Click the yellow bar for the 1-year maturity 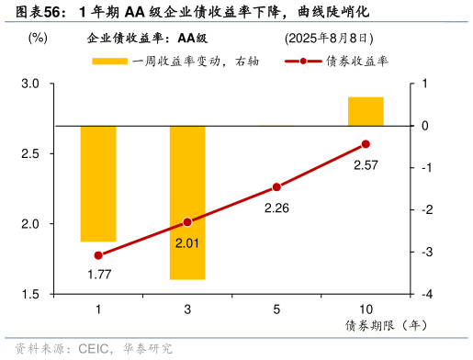pos(98,183)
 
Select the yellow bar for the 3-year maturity pos(186,202)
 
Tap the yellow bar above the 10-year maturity pos(366,111)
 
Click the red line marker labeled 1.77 pos(98,255)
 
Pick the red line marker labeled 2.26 pos(276,186)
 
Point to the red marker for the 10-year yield pos(366,144)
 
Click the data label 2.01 pos(187,243)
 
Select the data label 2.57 pos(366,166)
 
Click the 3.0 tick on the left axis pos(31,84)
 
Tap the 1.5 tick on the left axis pos(31,294)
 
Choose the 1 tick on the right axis pos(425,84)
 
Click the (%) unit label pos(38,38)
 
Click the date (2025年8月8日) pos(329,39)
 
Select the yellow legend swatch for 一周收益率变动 pos(109,62)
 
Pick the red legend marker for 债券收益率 pos(303,62)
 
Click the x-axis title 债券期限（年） pos(387,326)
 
